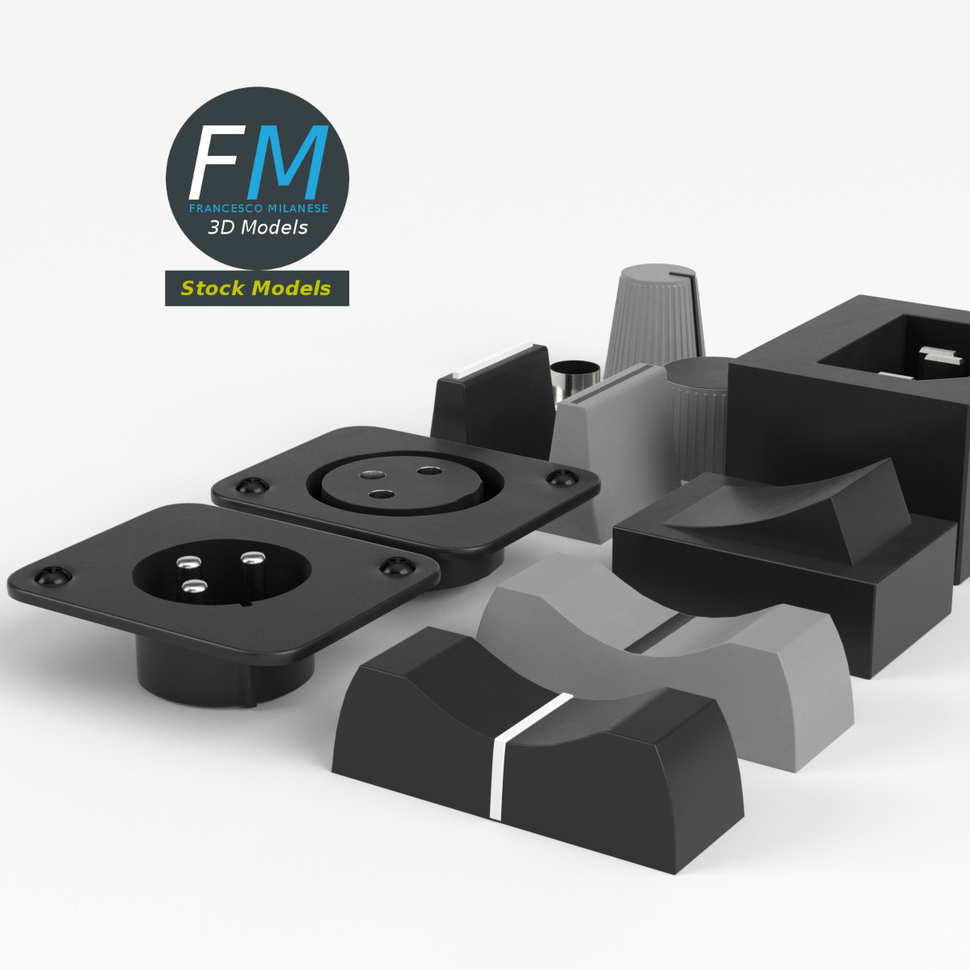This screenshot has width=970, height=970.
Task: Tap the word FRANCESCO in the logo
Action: [223, 209]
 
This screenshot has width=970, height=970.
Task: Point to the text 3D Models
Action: [258, 228]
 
